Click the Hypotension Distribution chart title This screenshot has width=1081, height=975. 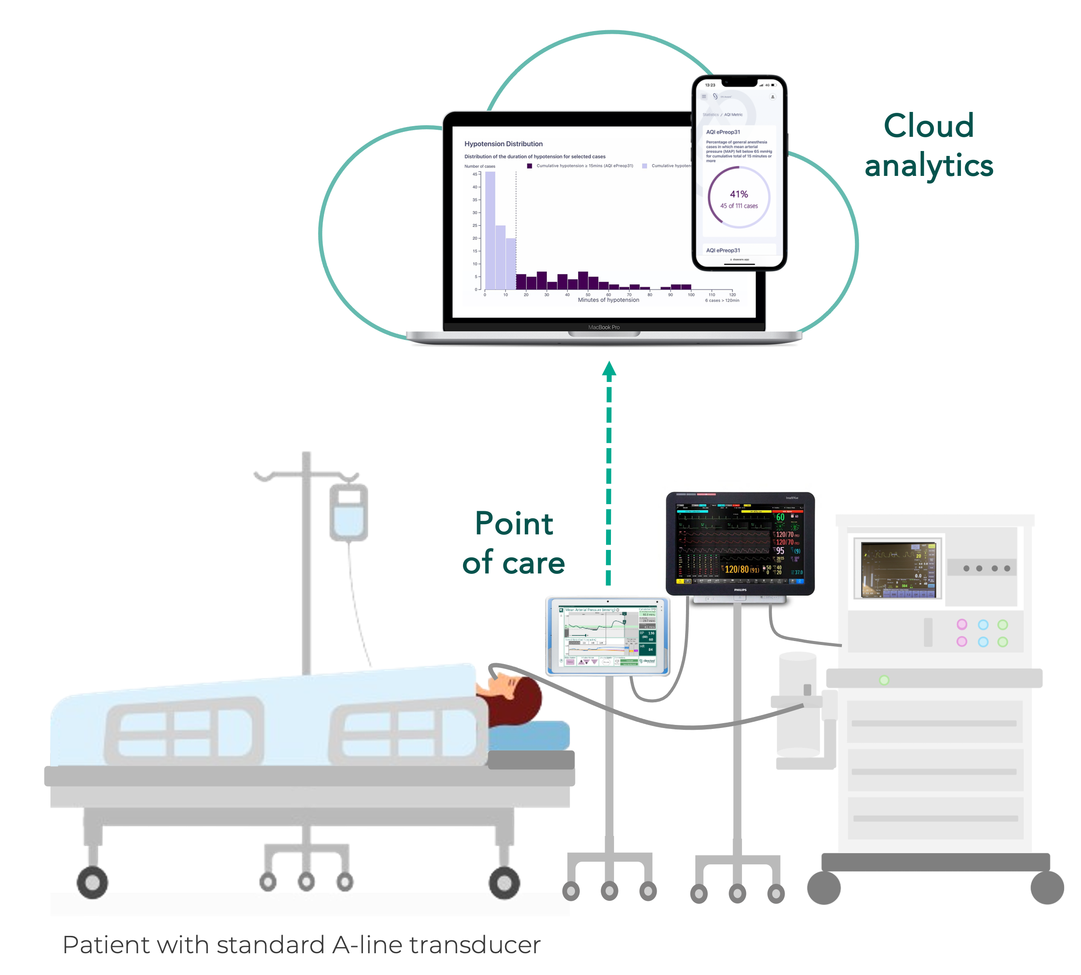503,143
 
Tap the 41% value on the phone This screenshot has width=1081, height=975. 738,194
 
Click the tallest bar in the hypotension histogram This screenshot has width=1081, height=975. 490,231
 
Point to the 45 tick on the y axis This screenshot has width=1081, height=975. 475,174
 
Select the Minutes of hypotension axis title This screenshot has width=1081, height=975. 608,300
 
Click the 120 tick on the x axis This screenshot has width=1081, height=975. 732,294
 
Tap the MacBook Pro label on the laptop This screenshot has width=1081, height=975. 603,327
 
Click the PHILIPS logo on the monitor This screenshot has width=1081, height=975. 740,590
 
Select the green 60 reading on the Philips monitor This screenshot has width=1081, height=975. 780,517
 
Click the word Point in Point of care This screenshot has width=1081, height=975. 514,524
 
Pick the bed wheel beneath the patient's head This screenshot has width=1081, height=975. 503,882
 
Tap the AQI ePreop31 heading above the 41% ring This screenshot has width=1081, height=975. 723,132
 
